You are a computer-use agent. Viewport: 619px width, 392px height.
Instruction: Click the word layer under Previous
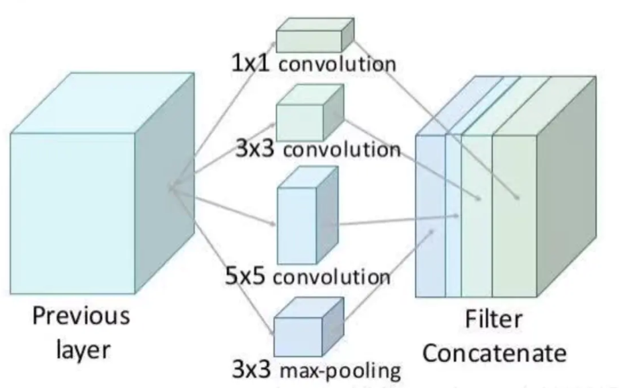click(x=81, y=349)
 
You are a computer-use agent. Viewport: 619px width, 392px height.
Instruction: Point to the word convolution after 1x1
click(x=337, y=65)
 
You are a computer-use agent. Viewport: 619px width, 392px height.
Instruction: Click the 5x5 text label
click(x=247, y=276)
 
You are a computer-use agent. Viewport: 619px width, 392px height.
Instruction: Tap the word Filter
click(x=493, y=319)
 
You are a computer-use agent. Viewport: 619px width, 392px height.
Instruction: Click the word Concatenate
click(x=493, y=352)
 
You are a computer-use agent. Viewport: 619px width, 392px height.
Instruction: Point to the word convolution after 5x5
click(x=331, y=277)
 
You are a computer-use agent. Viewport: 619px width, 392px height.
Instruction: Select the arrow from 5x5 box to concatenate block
click(x=396, y=221)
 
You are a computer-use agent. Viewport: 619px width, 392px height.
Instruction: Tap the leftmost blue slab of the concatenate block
click(x=430, y=215)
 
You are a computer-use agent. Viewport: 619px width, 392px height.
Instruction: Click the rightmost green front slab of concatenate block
click(x=514, y=215)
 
